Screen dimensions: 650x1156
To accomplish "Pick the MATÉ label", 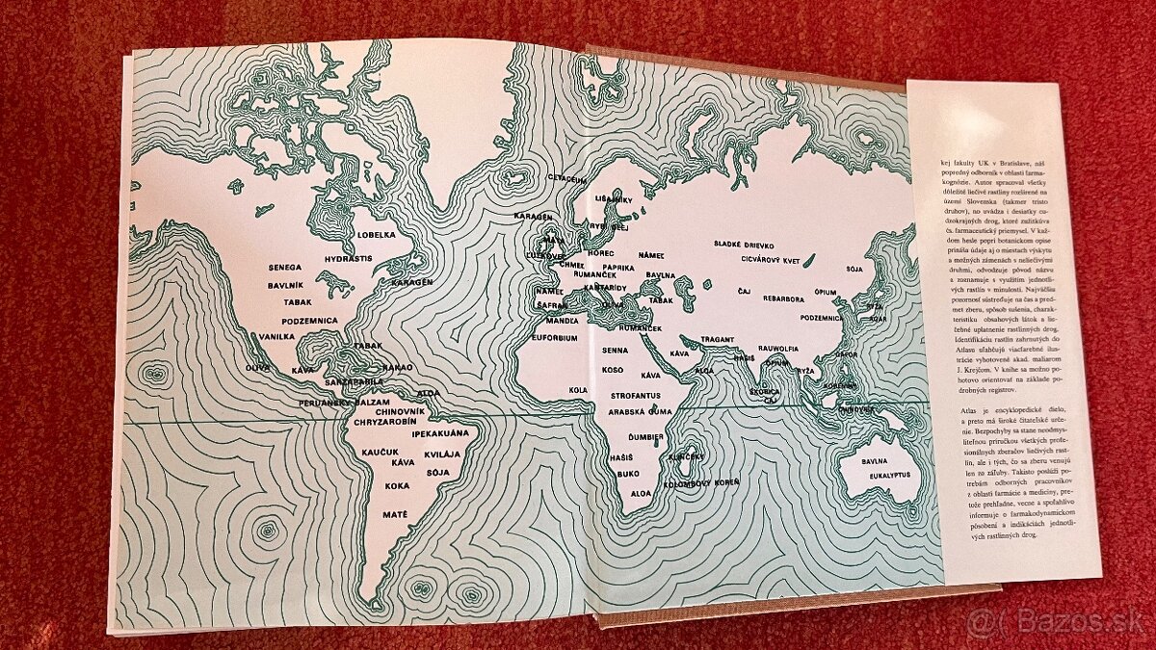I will click(x=395, y=516).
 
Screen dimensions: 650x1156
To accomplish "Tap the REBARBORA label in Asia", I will click(x=781, y=299).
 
